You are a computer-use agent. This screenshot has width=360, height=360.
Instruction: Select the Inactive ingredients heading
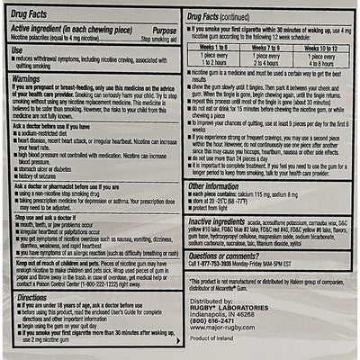(x=221, y=220)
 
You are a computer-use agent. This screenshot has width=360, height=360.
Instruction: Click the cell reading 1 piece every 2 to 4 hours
(x=266, y=59)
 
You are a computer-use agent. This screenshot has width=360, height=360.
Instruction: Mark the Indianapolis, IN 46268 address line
(x=221, y=311)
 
